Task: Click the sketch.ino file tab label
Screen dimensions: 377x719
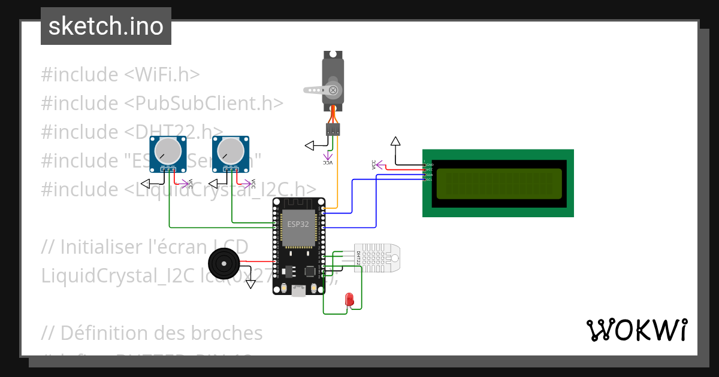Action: click(106, 26)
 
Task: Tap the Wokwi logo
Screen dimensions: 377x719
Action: click(636, 330)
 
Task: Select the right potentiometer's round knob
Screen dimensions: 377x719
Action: click(230, 150)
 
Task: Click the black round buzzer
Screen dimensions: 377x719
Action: click(223, 263)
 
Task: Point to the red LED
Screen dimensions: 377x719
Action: click(349, 299)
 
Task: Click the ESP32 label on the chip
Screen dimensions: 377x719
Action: click(298, 224)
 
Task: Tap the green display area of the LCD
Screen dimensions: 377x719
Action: click(499, 184)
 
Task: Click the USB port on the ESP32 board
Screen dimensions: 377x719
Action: click(298, 291)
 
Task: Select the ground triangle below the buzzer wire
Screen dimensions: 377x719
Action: click(250, 284)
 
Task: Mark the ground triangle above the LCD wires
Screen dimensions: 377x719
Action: click(395, 142)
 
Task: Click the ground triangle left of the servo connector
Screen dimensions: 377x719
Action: click(310, 145)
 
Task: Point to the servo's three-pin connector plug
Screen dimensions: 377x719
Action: click(333, 129)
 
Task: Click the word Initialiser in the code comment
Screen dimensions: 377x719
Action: click(102, 247)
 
